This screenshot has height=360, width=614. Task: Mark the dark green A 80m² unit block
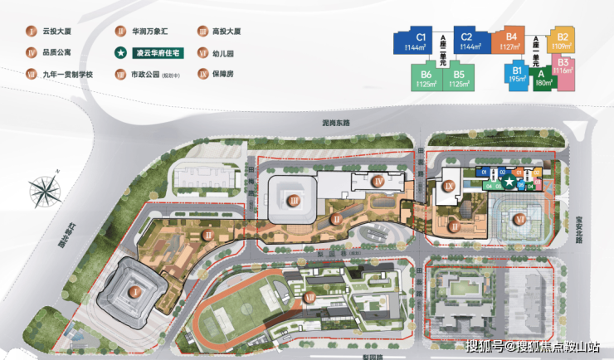tap(544, 79)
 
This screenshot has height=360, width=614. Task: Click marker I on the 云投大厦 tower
tap(134, 291)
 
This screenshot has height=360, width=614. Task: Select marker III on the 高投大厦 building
tap(293, 199)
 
